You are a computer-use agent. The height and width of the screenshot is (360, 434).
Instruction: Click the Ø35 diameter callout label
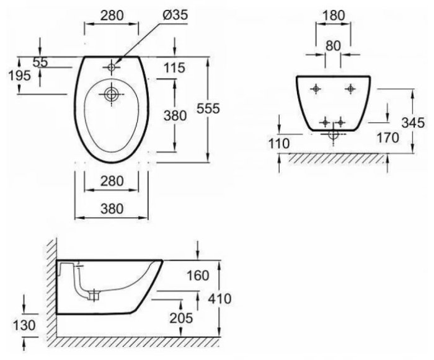click(175, 15)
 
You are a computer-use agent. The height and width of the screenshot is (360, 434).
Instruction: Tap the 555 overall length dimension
click(208, 108)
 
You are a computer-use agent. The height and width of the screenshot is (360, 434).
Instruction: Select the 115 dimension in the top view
click(174, 68)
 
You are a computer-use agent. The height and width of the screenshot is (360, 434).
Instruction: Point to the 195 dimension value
click(19, 75)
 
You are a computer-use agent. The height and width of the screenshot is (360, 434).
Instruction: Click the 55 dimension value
click(40, 62)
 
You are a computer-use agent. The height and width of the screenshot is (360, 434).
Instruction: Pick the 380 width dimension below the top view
click(112, 208)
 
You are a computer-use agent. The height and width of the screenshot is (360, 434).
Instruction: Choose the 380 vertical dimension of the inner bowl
click(175, 115)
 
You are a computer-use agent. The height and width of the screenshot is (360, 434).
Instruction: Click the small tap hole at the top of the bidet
click(112, 67)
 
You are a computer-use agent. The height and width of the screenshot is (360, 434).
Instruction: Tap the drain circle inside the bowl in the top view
click(112, 94)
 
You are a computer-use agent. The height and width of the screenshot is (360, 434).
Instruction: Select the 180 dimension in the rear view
click(334, 15)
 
